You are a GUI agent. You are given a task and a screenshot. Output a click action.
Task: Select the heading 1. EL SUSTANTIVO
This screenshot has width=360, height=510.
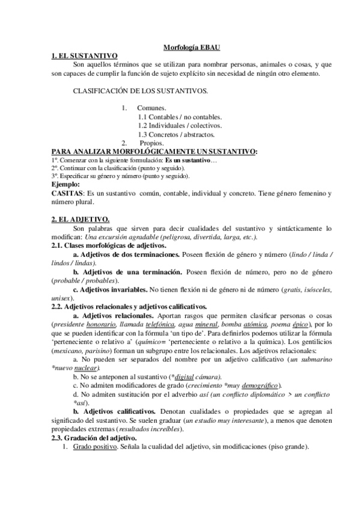pos(84,55)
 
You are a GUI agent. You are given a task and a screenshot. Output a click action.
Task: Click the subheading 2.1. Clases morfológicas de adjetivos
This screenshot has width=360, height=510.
pos(103,246)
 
